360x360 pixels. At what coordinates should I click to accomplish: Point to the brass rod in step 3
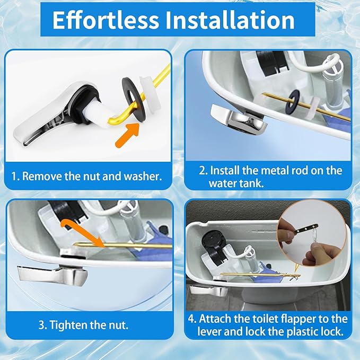(x=122, y=245)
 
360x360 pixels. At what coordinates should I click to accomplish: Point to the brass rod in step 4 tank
(x=254, y=274)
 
